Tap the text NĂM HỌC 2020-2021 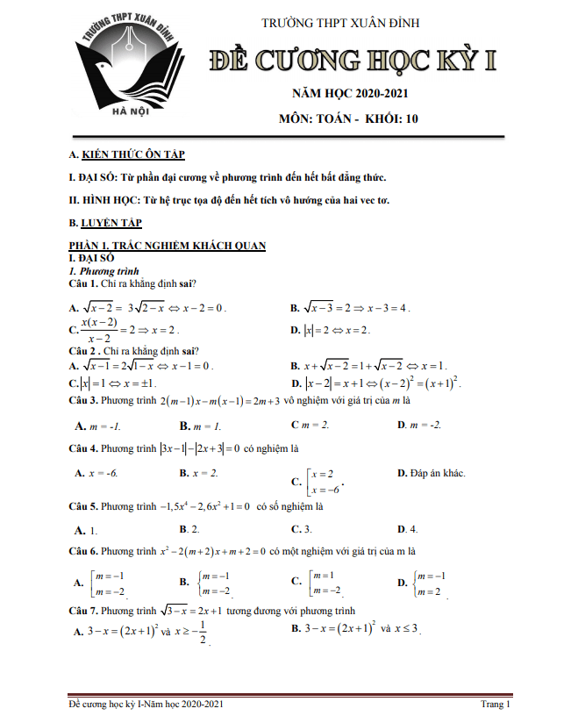[350, 93]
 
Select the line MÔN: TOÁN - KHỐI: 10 [349, 118]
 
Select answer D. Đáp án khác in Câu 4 [431, 473]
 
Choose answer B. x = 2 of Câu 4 [199, 473]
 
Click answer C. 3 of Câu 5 [302, 530]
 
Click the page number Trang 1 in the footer [496, 704]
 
